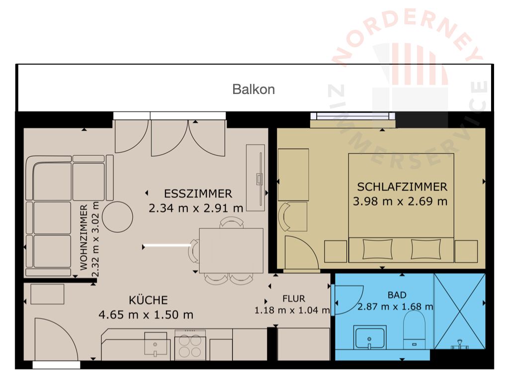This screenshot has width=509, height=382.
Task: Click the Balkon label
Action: (x=254, y=90)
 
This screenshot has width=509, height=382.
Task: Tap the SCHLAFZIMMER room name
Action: (x=402, y=187)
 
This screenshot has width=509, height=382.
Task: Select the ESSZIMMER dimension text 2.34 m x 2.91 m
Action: (x=196, y=208)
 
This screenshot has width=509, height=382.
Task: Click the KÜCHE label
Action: (x=148, y=299)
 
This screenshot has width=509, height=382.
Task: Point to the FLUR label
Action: (x=294, y=298)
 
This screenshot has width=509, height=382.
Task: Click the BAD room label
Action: (x=397, y=295)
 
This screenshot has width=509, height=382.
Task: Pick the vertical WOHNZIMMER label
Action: (x=84, y=237)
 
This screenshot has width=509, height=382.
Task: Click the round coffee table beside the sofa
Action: (x=117, y=217)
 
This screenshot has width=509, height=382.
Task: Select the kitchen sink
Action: (x=156, y=344)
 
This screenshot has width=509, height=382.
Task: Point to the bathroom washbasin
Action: (x=370, y=338)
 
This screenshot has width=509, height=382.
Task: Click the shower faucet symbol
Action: (x=460, y=344)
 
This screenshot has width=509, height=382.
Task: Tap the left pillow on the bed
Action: (x=377, y=249)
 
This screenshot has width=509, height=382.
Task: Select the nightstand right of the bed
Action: (x=466, y=251)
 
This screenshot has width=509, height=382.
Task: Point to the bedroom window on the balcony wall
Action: (x=352, y=116)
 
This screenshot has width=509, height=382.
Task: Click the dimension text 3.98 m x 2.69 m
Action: (x=400, y=201)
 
